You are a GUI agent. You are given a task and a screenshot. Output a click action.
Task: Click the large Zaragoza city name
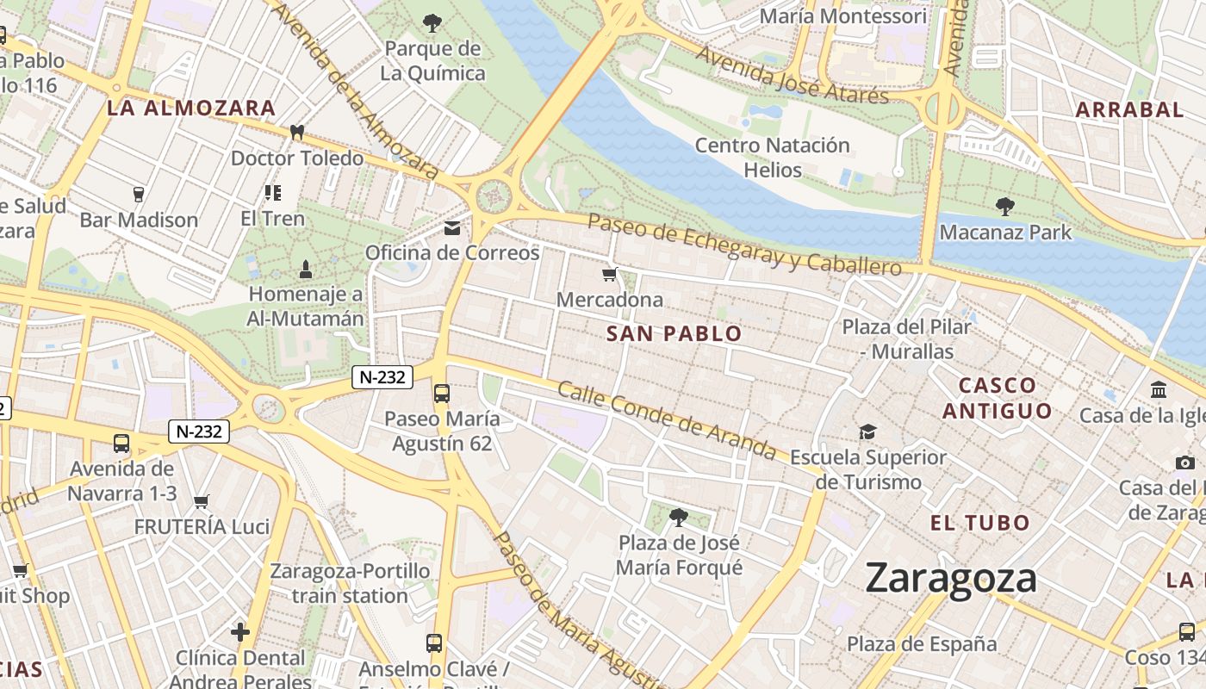click(951, 578)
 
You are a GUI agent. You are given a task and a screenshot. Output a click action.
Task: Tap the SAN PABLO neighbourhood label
click(674, 333)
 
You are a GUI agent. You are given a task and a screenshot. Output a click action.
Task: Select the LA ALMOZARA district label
click(190, 109)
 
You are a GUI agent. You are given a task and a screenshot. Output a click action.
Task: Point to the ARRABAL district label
click(1129, 109)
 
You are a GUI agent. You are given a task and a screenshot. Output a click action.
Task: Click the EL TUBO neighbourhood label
click(979, 523)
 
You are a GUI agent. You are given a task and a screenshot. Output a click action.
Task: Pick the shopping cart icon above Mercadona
click(610, 275)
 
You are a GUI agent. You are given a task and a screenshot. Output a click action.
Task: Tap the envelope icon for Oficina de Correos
click(452, 228)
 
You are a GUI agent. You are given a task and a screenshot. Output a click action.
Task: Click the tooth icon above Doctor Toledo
click(297, 133)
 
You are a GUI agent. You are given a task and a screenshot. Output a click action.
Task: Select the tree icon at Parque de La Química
click(432, 22)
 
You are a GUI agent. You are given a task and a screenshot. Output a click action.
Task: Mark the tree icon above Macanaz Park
click(1004, 207)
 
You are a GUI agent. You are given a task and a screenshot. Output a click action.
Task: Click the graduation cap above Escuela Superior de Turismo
click(867, 431)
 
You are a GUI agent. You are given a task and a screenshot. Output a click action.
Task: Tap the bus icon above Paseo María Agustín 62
click(442, 394)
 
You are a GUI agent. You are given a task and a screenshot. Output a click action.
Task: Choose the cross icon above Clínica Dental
click(240, 632)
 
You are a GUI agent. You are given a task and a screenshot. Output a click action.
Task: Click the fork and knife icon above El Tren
click(272, 193)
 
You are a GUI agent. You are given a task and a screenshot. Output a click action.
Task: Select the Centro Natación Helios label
click(772, 158)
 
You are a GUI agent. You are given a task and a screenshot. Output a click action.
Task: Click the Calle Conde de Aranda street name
click(667, 419)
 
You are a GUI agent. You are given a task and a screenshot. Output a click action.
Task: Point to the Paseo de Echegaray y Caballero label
click(744, 245)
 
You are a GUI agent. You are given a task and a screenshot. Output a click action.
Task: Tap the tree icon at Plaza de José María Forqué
click(679, 517)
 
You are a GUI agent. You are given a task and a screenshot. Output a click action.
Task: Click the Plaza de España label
click(921, 644)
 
